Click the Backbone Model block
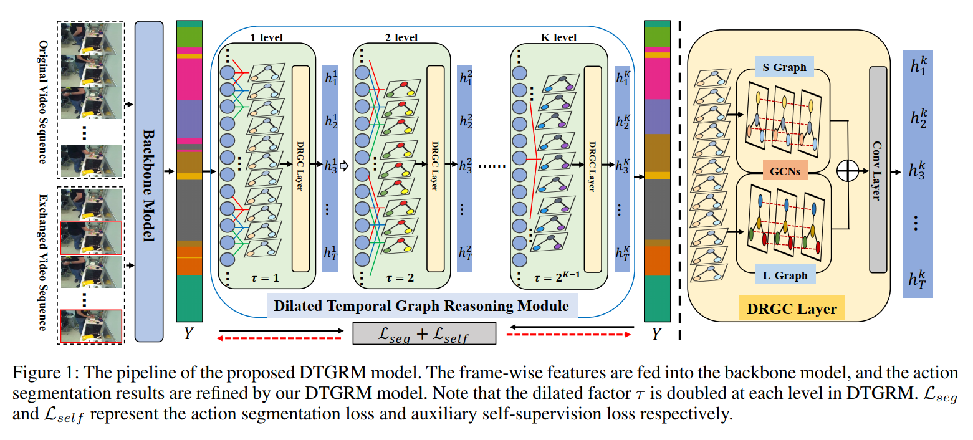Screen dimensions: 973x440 tap(149, 181)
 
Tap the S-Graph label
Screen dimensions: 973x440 tap(785, 67)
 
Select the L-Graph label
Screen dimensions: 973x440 tap(785, 275)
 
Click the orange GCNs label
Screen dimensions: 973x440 tap(785, 171)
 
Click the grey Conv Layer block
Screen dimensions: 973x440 tap(878, 170)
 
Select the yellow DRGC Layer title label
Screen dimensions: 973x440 tap(792, 309)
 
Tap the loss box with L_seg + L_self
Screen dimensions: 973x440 tap(424, 333)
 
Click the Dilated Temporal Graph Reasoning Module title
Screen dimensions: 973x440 tap(421, 306)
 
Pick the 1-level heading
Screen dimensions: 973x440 tap(266, 37)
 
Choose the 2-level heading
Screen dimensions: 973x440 tap(401, 37)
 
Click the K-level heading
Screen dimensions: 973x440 tap(558, 37)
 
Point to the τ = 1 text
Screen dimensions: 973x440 tap(265, 277)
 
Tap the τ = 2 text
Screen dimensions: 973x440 tap(400, 277)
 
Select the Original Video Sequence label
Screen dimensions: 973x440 tap(43, 102)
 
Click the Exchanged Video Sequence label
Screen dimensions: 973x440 tap(43, 262)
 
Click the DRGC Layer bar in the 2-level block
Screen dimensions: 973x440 tap(435, 168)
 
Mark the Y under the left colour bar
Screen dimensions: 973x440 tap(188, 333)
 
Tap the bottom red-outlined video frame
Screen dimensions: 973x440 tap(91, 326)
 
